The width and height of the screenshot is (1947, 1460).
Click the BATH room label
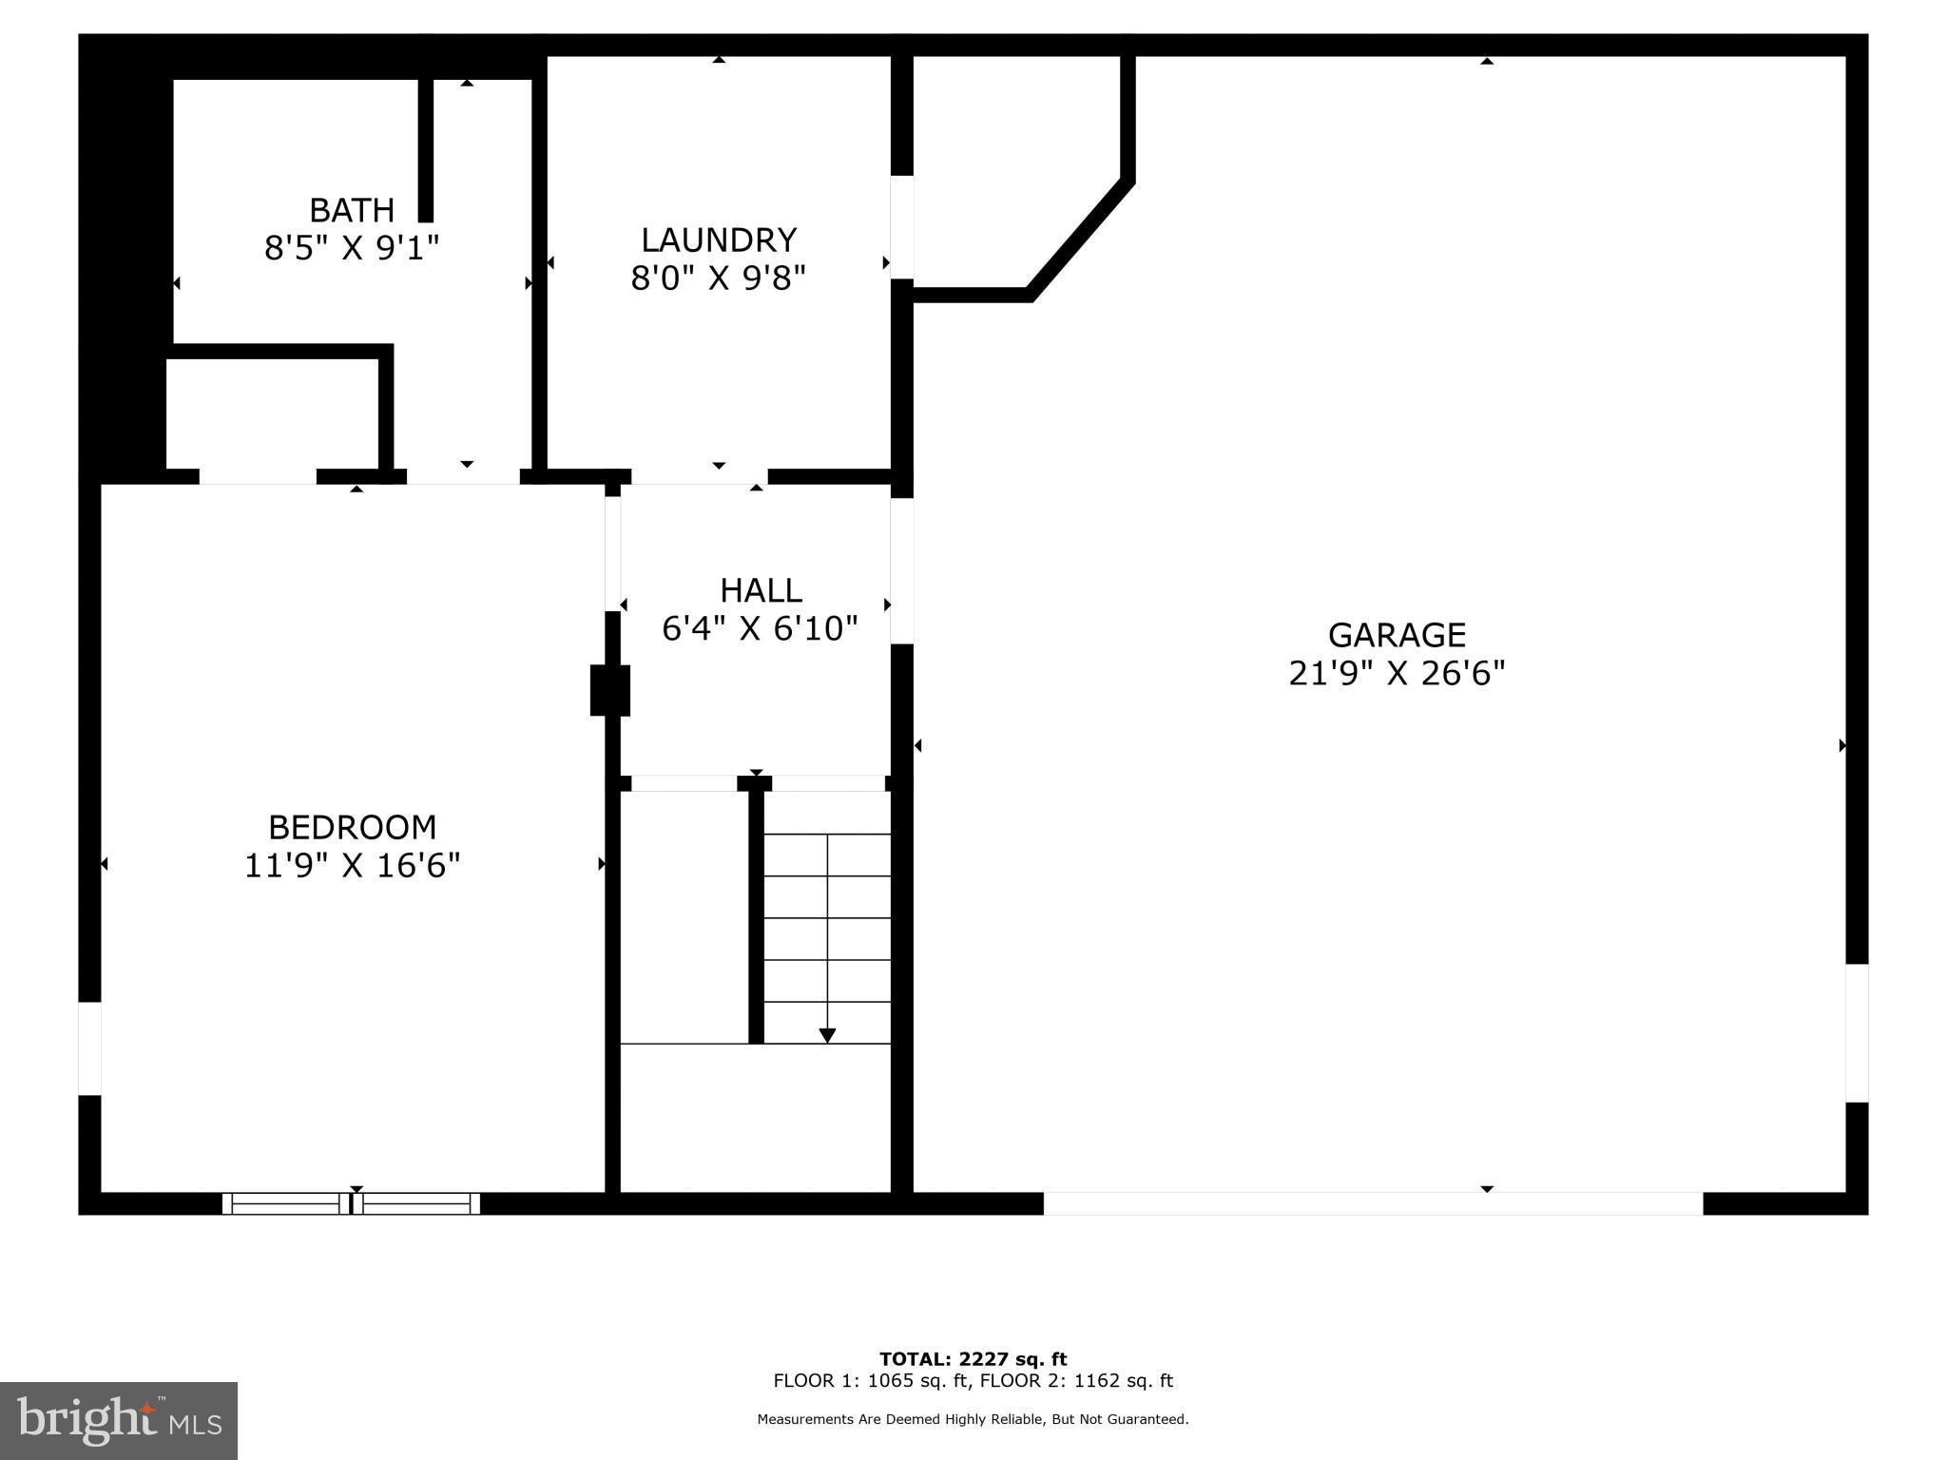point(352,210)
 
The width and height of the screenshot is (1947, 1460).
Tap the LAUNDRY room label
point(718,240)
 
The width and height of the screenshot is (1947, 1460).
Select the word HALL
point(761,590)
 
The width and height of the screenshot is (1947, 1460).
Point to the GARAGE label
point(1397,635)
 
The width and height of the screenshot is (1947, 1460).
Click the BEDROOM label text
point(352,827)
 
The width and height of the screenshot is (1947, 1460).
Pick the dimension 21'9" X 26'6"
point(1397,674)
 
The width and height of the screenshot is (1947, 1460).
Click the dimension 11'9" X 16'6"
point(352,866)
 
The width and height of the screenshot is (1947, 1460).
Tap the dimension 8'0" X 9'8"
point(718,279)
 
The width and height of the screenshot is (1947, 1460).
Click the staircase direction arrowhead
point(827,1035)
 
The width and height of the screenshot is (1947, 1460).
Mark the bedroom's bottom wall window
point(351,1203)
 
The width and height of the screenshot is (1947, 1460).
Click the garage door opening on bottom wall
point(1373,1203)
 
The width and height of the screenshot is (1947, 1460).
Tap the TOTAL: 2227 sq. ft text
point(973,1359)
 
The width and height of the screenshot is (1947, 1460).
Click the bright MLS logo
point(119,1420)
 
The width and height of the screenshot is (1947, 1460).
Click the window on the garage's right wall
point(1857,1033)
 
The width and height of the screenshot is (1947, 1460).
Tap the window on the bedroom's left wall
point(89,1048)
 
